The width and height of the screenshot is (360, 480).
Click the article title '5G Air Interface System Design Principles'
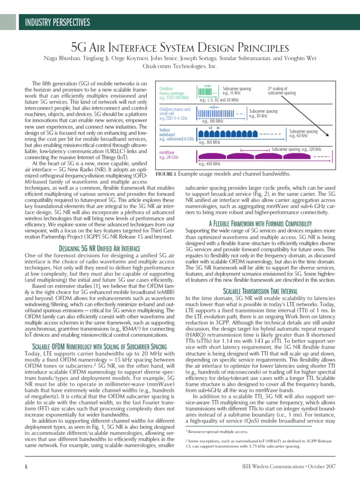180,48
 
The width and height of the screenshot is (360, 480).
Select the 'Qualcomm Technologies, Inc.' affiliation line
180,67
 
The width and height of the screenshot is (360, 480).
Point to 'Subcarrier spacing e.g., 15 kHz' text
237,91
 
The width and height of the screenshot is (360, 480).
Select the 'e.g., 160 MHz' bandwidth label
209,142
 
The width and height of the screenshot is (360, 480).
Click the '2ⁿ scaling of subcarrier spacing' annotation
282,91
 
